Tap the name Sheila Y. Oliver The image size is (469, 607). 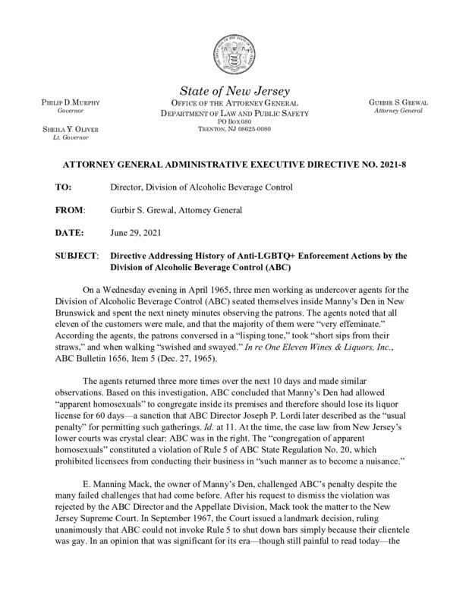tap(66, 129)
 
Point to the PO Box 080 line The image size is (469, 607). tap(234, 121)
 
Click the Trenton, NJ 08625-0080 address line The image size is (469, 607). tap(234, 129)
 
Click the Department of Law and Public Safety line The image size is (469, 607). tap(234, 112)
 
